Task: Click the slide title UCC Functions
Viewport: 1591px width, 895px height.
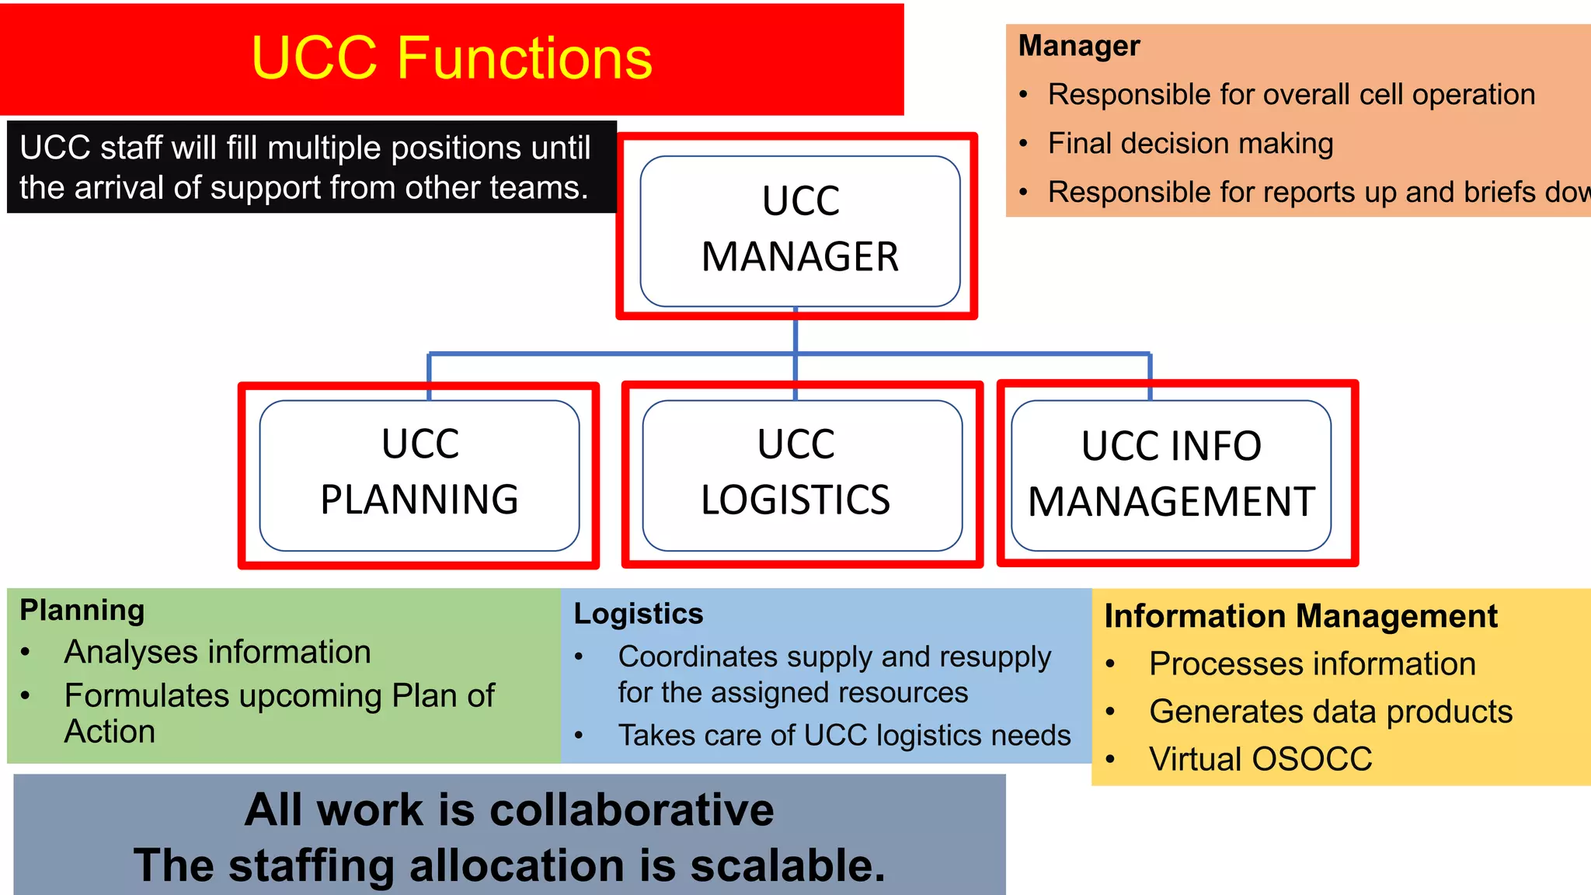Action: pos(451,58)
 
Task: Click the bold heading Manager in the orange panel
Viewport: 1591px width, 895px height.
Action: pos(1079,46)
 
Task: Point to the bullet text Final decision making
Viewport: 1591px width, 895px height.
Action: pos(1190,144)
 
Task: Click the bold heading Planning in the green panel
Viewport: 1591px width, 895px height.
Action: pos(82,611)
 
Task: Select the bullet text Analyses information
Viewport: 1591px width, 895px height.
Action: pos(218,652)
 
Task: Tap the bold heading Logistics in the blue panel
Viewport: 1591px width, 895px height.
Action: pos(639,614)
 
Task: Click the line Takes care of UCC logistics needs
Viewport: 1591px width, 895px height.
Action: pos(844,735)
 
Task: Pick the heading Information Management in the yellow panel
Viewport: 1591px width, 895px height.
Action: pos(1300,616)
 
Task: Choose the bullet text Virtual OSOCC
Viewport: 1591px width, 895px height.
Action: pos(1260,759)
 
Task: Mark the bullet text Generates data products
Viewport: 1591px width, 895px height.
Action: pos(1331,712)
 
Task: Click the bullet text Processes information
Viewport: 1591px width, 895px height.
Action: pos(1312,664)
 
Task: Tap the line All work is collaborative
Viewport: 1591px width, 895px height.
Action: pos(510,810)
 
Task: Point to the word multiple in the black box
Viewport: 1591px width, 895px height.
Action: pos(324,148)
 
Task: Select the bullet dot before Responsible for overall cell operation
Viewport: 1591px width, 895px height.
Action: pos(1024,96)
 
